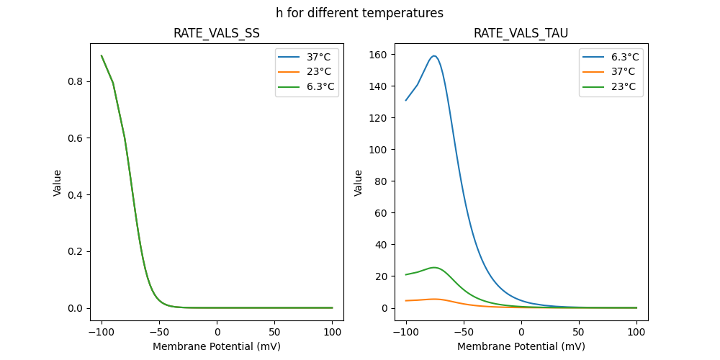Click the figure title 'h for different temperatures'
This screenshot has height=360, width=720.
(359, 13)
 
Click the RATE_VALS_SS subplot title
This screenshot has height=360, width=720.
(217, 33)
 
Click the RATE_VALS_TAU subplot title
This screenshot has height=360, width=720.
(521, 33)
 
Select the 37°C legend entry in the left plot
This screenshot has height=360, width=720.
(318, 57)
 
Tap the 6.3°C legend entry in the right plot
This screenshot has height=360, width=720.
(622, 57)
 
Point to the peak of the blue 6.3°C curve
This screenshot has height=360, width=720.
(434, 55)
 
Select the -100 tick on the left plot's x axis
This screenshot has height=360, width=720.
(102, 333)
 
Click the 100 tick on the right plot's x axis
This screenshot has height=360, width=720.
(636, 333)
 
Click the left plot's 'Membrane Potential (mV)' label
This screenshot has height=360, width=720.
(217, 346)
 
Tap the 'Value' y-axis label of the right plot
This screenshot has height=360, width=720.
(359, 183)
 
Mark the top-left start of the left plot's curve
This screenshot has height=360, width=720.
(102, 55)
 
